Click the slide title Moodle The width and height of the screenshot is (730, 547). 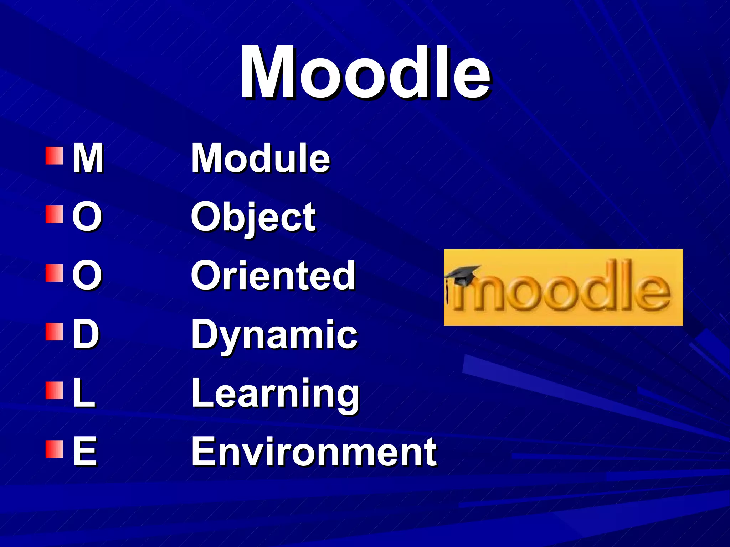pyautogui.click(x=365, y=72)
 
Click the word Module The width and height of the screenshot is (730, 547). pyautogui.click(x=261, y=158)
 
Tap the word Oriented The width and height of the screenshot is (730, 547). pyautogui.click(x=273, y=275)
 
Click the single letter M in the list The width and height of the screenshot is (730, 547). pyautogui.click(x=88, y=158)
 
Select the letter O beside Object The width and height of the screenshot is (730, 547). pyautogui.click(x=87, y=217)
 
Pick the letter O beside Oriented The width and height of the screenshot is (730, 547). pyautogui.click(x=87, y=275)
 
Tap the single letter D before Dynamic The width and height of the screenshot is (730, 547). pyautogui.click(x=86, y=334)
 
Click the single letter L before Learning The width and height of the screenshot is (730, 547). pyautogui.click(x=84, y=393)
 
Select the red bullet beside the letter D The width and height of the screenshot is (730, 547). pyautogui.click(x=54, y=332)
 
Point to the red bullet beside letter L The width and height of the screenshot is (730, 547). pyautogui.click(x=54, y=391)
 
